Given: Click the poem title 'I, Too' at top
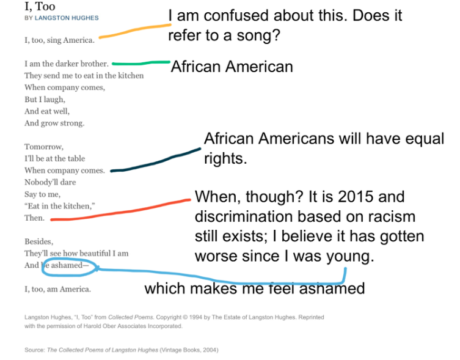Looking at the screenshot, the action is (x=40, y=7).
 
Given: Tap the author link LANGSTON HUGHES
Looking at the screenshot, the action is (x=67, y=18).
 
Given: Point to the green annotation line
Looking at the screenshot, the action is (x=141, y=63).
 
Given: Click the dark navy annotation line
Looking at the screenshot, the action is (x=156, y=161).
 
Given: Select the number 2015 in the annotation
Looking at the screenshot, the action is (x=356, y=196).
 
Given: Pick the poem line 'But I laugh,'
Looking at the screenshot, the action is (x=45, y=100).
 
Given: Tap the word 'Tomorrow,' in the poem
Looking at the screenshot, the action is (x=44, y=147).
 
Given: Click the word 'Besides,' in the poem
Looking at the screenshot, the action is (x=39, y=241).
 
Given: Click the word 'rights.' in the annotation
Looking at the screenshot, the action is (x=225, y=158).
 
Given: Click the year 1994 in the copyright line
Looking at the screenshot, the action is (x=195, y=317).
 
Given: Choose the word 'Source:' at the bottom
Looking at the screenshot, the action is (x=35, y=350).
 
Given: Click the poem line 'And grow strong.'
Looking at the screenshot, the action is (x=54, y=123).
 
